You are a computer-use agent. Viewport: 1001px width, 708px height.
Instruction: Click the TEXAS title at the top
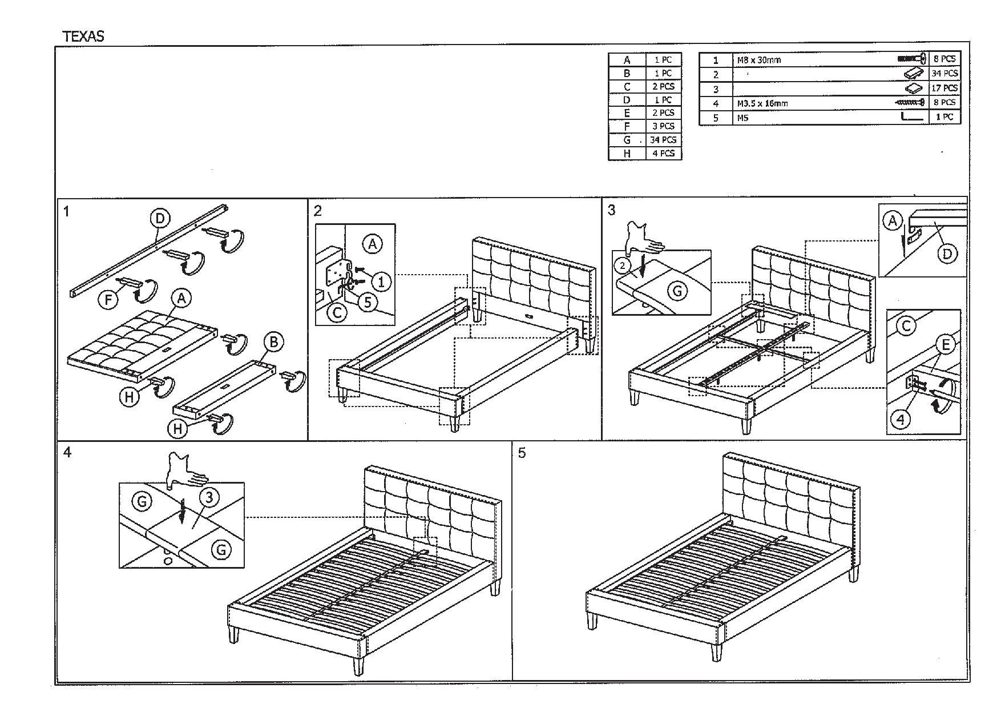tap(83, 37)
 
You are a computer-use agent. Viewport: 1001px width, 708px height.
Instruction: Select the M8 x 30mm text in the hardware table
tap(759, 60)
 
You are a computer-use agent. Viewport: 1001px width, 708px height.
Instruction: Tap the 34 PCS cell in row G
tap(663, 140)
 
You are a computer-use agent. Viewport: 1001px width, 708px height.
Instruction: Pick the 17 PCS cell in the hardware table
tap(944, 88)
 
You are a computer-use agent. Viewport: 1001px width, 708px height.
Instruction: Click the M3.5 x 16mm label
tap(762, 103)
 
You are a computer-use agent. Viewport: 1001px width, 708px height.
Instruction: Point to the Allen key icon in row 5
tap(913, 117)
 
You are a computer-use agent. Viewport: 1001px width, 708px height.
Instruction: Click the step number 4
tap(68, 453)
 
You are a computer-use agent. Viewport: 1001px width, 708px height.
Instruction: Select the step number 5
tap(522, 453)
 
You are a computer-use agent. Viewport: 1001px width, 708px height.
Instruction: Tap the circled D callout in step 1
tap(160, 218)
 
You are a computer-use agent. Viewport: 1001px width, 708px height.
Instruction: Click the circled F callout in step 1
tap(108, 299)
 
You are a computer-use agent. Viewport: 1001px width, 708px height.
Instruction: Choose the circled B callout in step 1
tap(274, 342)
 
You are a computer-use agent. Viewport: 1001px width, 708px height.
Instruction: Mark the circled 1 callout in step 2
tap(381, 281)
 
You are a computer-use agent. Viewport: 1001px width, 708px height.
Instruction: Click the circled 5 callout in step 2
tap(368, 301)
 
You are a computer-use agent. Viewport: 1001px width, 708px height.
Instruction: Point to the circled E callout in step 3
tap(946, 345)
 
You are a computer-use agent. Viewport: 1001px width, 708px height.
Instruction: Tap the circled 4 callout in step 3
tap(901, 420)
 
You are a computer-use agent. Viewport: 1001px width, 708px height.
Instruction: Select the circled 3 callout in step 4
tap(209, 498)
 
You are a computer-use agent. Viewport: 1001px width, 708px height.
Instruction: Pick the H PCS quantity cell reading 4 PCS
tap(663, 153)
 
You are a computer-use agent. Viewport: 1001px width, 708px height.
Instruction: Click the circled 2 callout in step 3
tap(623, 265)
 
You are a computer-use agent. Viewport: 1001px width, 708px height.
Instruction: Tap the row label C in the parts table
tap(627, 87)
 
